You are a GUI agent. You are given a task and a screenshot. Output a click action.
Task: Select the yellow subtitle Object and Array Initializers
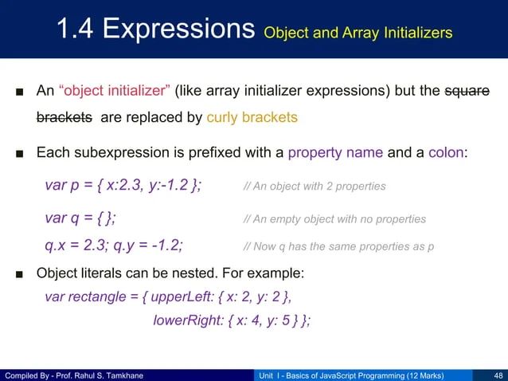pos(358,33)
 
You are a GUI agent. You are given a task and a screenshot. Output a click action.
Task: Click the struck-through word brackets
pos(64,118)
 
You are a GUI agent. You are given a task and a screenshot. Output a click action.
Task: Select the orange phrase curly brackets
pos(252,118)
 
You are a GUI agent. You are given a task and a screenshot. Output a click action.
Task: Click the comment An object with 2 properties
pos(315,187)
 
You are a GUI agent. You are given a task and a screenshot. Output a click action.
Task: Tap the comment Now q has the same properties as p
pos(338,246)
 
